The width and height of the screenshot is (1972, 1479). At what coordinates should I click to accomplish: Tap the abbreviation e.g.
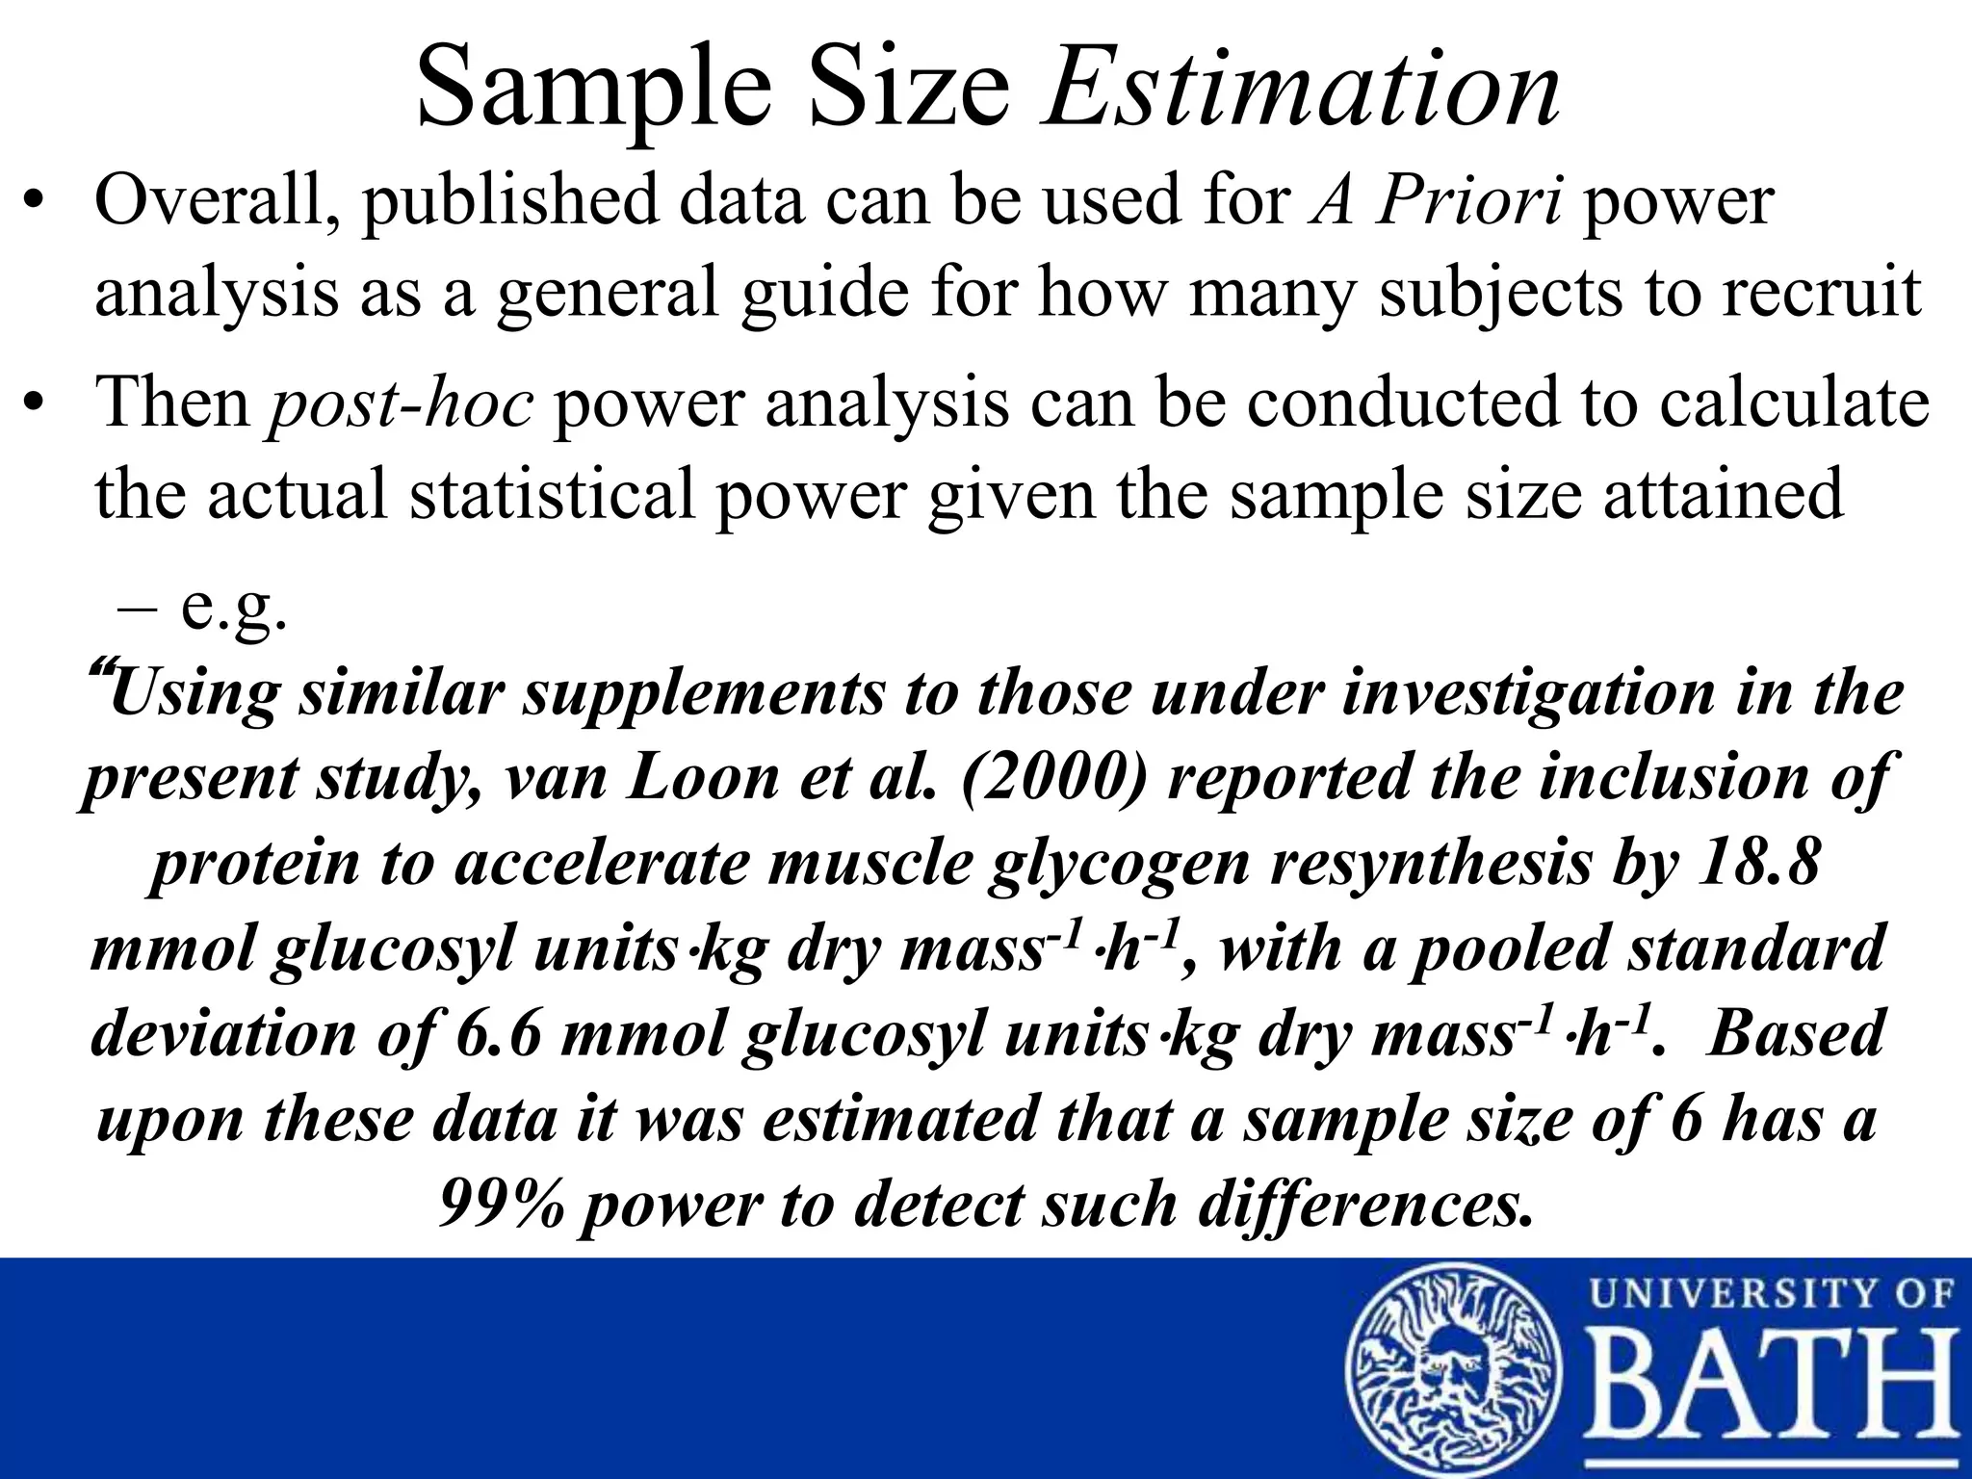coord(234,608)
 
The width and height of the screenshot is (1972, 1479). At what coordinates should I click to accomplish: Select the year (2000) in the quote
coord(1053,777)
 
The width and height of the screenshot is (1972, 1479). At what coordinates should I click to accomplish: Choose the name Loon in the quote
coord(703,777)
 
